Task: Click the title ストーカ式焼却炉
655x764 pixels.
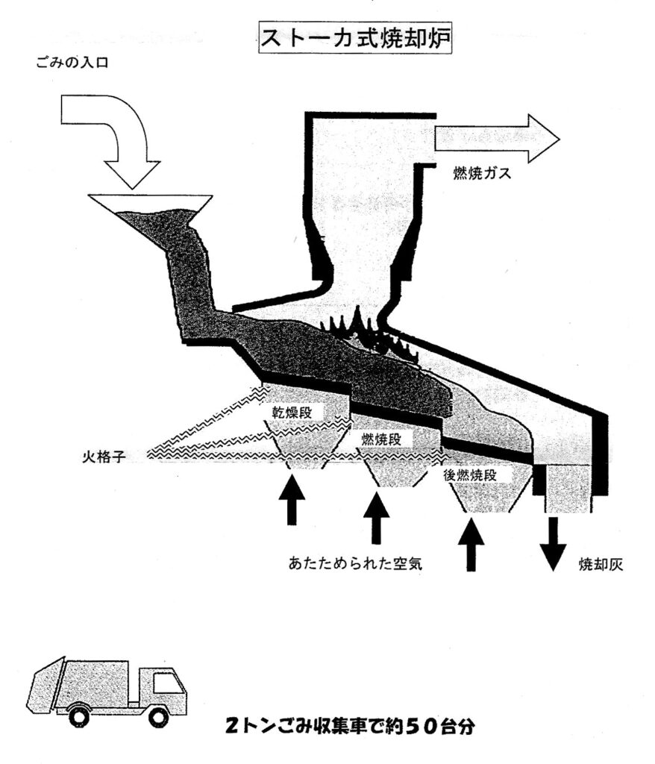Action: (354, 37)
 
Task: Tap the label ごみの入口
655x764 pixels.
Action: (72, 64)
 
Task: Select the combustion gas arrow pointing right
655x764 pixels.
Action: (497, 138)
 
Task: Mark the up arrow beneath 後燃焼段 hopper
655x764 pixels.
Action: (471, 544)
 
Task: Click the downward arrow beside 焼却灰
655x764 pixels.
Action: (553, 544)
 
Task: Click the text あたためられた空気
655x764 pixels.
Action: (356, 564)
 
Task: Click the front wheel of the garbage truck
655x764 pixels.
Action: (157, 716)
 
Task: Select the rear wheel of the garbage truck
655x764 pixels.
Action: (78, 716)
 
